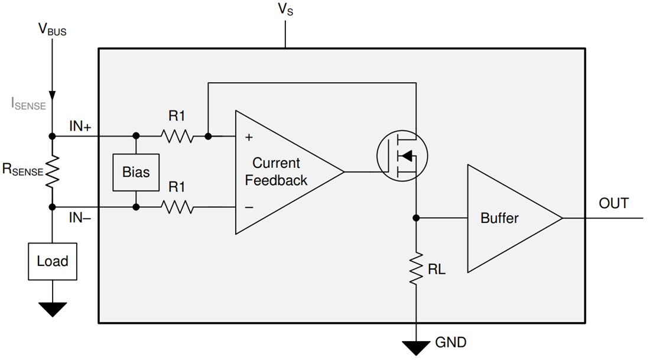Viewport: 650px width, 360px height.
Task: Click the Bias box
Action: [136, 173]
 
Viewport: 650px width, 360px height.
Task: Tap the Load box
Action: [53, 261]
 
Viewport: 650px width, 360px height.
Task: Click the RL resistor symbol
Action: [417, 269]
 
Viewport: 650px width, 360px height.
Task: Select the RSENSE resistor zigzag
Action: [53, 171]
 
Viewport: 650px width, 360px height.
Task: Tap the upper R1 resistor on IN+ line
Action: [177, 137]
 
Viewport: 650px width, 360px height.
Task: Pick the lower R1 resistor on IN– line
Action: [177, 207]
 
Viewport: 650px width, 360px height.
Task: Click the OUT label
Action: [613, 203]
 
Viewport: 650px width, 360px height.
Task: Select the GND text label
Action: [450, 342]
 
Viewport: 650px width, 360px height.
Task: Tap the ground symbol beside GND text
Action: [417, 348]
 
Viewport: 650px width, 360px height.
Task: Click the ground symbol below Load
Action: [53, 309]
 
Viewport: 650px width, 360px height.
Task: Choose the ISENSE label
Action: [28, 104]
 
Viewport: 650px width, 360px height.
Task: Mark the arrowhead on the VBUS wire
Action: [53, 95]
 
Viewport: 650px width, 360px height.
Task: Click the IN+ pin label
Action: [80, 125]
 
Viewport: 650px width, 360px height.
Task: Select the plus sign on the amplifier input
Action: [249, 137]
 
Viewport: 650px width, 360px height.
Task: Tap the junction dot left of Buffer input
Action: [417, 218]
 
